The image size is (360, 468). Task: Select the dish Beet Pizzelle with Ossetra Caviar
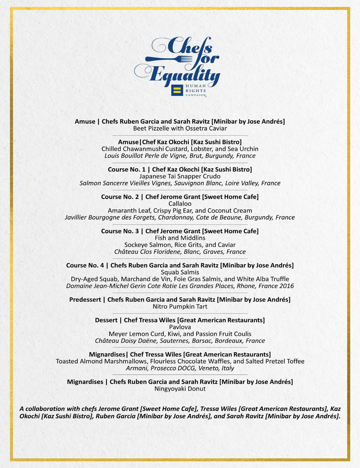click(x=180, y=128)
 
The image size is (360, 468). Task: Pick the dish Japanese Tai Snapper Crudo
click(x=180, y=176)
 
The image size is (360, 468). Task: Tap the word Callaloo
click(x=180, y=204)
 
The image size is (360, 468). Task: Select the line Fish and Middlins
click(x=180, y=238)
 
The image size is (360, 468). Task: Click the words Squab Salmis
click(x=180, y=273)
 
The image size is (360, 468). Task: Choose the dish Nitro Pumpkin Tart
click(x=180, y=307)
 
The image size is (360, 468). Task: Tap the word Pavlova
click(x=180, y=327)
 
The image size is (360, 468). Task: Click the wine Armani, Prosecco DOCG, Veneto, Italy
click(x=180, y=368)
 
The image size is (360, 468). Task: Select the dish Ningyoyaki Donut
click(x=180, y=389)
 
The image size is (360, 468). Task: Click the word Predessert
click(x=85, y=300)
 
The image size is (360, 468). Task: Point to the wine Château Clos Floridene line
click(x=180, y=252)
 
